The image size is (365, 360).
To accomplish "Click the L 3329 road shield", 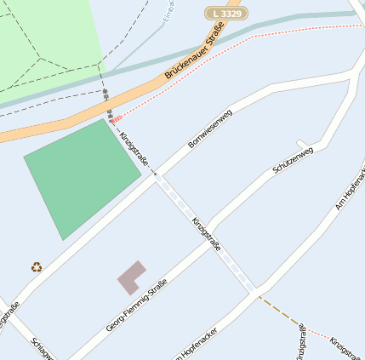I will click(223, 14).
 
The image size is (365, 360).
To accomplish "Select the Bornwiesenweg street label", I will click(209, 129).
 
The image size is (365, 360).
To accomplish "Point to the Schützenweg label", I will click(293, 160).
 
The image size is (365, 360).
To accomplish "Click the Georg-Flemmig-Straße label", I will click(136, 305).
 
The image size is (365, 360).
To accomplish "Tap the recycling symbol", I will click(37, 266).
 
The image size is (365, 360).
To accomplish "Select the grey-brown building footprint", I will click(130, 277).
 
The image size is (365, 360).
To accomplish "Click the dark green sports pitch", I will click(81, 177).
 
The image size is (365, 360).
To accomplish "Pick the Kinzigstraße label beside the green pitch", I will click(134, 148).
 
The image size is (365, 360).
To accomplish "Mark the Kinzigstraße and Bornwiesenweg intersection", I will click(156, 174).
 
